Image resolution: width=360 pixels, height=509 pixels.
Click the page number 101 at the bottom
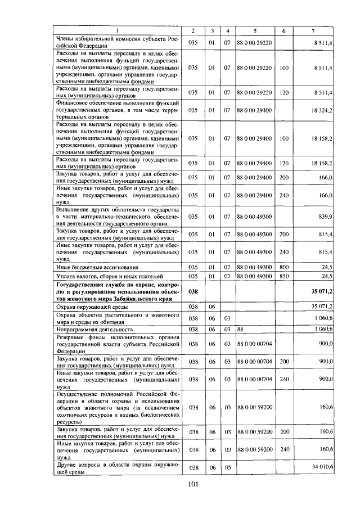[x=193, y=484]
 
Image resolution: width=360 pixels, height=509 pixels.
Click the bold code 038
[x=193, y=292]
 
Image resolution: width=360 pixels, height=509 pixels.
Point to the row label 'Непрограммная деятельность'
[x=94, y=329]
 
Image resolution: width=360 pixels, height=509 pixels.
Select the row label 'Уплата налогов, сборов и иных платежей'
[x=109, y=277]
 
